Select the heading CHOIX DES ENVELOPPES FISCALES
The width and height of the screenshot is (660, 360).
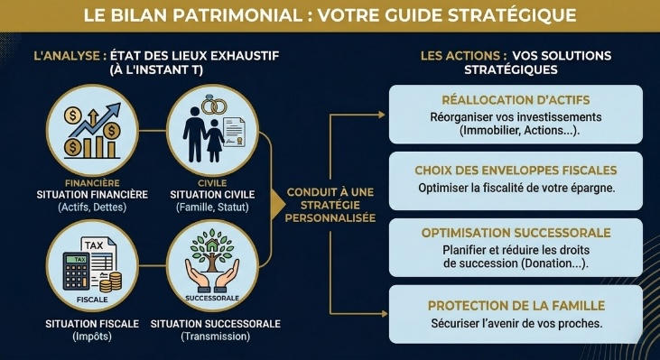[x=516, y=170]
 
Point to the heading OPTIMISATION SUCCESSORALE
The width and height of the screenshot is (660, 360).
[x=516, y=234]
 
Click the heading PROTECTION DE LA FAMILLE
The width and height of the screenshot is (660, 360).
[x=516, y=305]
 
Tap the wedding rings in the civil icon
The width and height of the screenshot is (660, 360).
[x=214, y=106]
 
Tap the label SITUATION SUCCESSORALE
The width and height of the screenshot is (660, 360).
[x=216, y=324]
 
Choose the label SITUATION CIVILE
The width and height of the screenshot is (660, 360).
[x=213, y=194]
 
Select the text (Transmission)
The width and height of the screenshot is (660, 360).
[x=215, y=337]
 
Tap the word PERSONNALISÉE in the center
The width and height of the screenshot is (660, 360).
[x=330, y=217]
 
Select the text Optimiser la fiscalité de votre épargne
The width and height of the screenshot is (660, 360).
[x=516, y=188]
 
